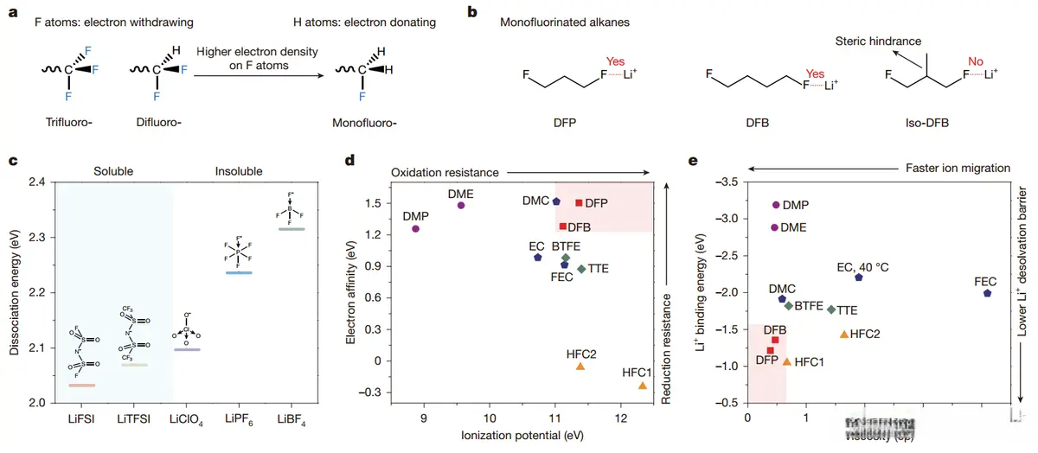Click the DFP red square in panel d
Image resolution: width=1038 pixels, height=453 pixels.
click(x=579, y=203)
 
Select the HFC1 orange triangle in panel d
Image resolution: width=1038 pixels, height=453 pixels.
click(x=643, y=386)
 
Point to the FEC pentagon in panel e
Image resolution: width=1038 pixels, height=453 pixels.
click(x=988, y=294)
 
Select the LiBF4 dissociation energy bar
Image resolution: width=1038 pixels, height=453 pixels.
click(x=292, y=229)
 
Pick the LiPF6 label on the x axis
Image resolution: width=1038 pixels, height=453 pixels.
click(x=238, y=419)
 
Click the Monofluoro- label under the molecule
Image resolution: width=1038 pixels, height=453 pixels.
click(x=364, y=123)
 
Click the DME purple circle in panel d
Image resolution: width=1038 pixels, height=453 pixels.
click(x=461, y=205)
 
